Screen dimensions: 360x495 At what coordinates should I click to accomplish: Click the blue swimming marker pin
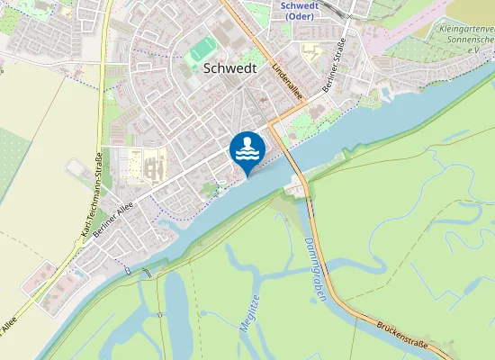tap(247, 150)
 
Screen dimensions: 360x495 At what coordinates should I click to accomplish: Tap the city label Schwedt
tap(230, 67)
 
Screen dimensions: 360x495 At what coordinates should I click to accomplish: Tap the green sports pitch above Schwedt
tap(202, 50)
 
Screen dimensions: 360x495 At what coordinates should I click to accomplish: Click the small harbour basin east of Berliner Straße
tap(385, 93)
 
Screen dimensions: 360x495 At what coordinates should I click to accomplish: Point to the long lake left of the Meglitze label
tap(176, 306)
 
